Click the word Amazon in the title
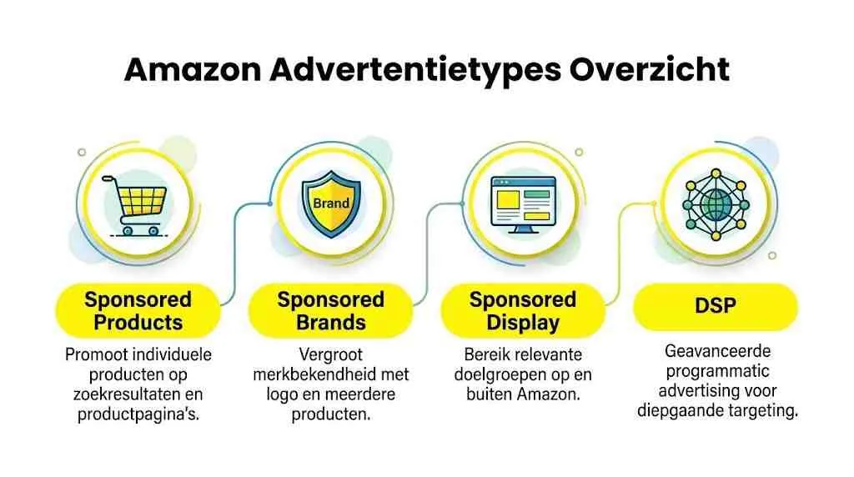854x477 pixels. [191, 70]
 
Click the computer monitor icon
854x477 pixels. [523, 203]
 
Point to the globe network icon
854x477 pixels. [715, 203]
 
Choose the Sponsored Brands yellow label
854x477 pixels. [330, 310]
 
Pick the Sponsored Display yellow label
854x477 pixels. [522, 310]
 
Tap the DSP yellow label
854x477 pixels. [715, 306]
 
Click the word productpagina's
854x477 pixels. [138, 412]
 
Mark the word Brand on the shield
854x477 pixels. [330, 203]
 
